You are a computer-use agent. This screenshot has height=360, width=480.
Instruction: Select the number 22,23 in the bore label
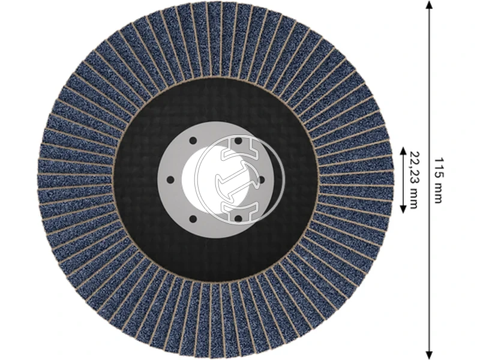(x=414, y=165)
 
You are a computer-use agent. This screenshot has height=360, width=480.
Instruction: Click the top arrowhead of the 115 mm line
(x=429, y=5)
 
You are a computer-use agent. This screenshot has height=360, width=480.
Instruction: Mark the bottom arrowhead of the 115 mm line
(x=429, y=355)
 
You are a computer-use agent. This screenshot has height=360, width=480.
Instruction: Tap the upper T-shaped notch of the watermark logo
(x=239, y=144)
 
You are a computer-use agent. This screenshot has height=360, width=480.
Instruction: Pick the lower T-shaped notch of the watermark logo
(x=239, y=212)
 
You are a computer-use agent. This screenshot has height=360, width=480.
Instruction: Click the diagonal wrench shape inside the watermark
(x=239, y=178)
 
